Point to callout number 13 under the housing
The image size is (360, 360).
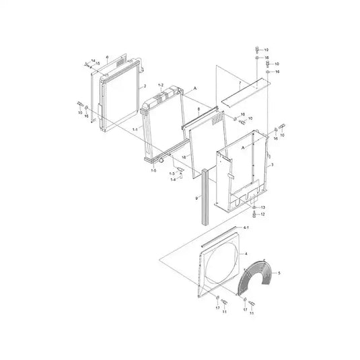coord(264,207)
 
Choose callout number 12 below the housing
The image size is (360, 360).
coord(264,215)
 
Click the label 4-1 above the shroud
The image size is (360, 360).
coord(246,228)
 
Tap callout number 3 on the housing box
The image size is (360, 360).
coord(271,164)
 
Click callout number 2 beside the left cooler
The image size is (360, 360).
coord(145,87)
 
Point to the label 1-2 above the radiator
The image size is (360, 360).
coord(160,85)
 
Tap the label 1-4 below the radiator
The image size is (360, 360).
coord(172,179)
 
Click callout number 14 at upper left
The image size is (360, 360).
coord(92,59)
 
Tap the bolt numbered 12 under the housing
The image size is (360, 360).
coord(255,215)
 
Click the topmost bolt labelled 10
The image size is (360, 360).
coord(256,49)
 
